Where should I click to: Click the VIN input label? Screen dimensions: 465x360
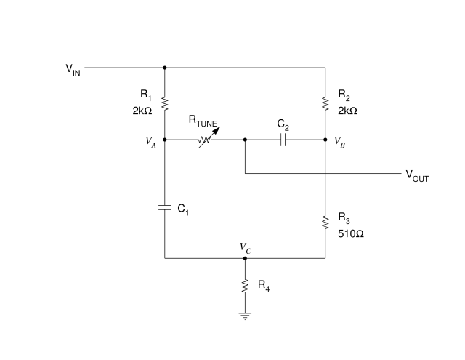[x=73, y=70]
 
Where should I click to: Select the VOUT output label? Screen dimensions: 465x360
[x=417, y=176]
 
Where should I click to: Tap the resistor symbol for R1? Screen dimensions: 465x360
[x=165, y=104]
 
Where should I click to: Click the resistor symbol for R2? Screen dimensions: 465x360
[x=325, y=104]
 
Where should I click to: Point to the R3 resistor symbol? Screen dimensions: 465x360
[x=325, y=223]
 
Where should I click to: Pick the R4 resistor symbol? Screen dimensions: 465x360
[x=245, y=286]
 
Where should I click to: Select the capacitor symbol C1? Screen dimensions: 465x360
[x=165, y=207]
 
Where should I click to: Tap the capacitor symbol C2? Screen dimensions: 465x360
[x=283, y=140]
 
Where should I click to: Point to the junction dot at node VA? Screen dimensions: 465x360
[x=165, y=140]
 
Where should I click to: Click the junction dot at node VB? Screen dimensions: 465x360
[x=325, y=140]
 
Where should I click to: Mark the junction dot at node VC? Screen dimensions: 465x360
[x=245, y=258]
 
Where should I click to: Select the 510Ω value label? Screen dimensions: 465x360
[x=351, y=234]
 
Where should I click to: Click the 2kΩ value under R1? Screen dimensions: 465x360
[x=142, y=111]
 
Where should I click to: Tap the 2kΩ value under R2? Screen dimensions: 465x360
[x=347, y=111]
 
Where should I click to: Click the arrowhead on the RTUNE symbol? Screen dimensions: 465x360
[x=217, y=130]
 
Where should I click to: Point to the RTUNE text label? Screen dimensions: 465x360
[x=203, y=121]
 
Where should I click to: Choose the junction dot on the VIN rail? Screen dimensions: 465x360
[x=165, y=68]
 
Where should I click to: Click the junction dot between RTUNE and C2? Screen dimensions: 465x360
[x=245, y=140]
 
